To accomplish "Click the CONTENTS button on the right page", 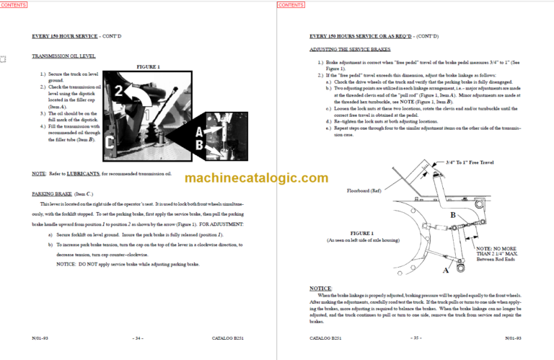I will (291, 5).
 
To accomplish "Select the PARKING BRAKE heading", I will (54, 194).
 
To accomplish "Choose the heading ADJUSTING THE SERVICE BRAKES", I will (350, 49).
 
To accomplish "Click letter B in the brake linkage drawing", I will (452, 215).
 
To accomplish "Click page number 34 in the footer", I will (138, 338).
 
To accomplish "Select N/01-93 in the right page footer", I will (514, 338).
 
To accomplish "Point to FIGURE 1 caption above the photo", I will (148, 66).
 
